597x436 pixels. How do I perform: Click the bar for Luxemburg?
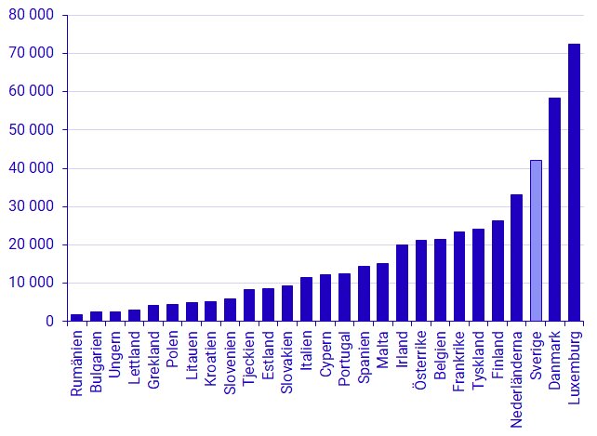coord(574,182)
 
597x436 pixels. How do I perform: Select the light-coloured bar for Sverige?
coord(536,241)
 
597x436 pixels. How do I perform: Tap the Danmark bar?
coord(554,209)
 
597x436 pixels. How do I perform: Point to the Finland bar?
coord(497,271)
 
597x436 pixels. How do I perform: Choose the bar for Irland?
coord(402,283)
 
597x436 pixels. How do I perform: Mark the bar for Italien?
coord(306,298)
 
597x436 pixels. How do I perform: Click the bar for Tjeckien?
coord(248,305)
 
